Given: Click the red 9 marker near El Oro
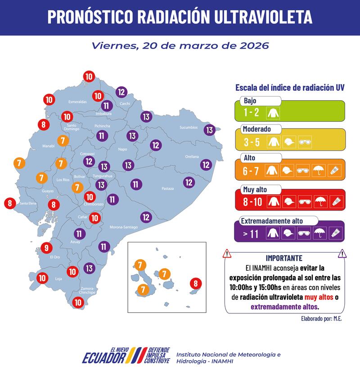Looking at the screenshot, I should coord(46,247).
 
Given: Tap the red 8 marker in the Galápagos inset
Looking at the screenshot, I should coord(195,283).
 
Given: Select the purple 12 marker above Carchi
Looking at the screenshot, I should coord(121,92).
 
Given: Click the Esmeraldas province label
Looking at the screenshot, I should coord(77,102).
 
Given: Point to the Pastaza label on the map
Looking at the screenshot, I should coord(168,188).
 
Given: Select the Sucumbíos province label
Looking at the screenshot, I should coord(189,128).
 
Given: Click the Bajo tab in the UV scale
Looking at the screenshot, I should coord(250,100).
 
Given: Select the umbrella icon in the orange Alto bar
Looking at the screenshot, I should coord(318,171).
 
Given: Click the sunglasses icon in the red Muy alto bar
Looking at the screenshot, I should coord(301,202).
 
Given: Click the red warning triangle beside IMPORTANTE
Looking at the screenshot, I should coord(227,254).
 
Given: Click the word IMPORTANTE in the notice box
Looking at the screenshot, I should coord(284,258).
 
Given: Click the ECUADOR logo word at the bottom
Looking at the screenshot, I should coord(103,358).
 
